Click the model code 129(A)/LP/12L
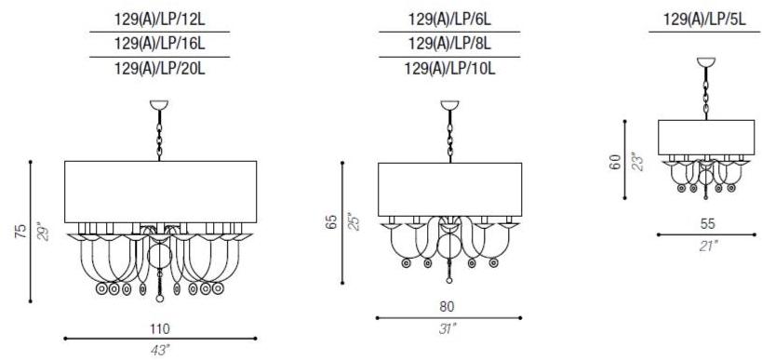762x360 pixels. point(160,20)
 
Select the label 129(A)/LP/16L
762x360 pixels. point(160,44)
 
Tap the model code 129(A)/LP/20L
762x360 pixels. point(160,69)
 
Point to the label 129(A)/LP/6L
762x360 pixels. point(450,20)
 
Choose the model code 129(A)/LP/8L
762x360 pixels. point(450,44)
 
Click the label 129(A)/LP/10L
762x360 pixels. point(450,69)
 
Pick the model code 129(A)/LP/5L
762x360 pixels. point(704,20)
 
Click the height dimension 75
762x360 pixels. point(20,232)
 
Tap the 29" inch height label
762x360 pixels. point(43,232)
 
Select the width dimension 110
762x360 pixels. point(160,329)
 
